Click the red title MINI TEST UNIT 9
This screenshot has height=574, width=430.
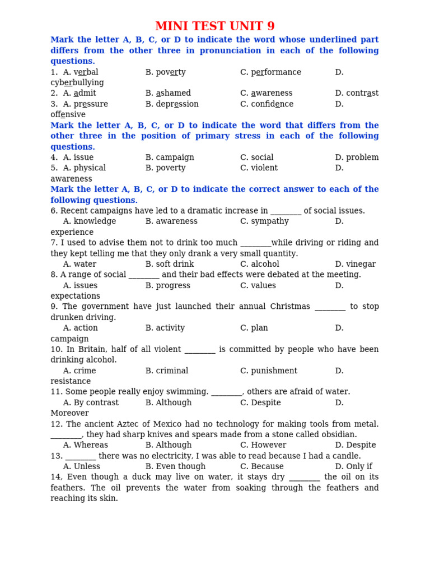click(215, 26)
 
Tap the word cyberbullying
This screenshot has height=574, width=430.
click(77, 83)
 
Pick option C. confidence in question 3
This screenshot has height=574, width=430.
click(267, 104)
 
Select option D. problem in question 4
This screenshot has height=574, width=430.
click(357, 158)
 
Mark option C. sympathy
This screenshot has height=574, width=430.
click(264, 221)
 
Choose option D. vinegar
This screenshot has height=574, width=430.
click(356, 264)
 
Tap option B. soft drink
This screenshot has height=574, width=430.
click(170, 264)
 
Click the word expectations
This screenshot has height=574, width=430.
click(76, 296)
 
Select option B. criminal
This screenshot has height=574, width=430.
click(167, 371)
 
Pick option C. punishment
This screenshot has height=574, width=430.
click(269, 371)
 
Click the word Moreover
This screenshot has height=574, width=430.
click(70, 413)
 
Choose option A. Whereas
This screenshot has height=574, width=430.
click(86, 445)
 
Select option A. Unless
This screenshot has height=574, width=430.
click(82, 466)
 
